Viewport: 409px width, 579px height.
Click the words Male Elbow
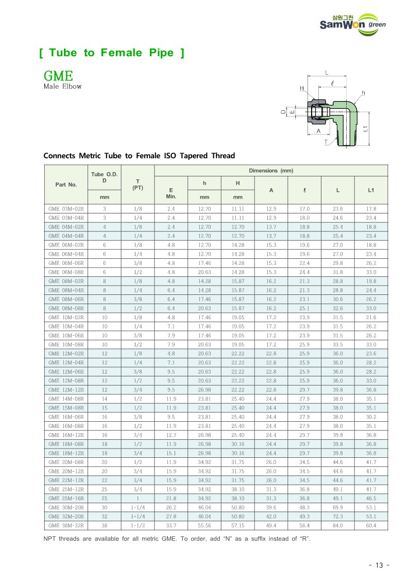[x=62, y=87]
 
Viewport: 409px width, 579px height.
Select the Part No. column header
[x=66, y=184]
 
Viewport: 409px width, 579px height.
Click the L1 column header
[x=371, y=190]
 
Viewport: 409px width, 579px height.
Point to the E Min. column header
[x=171, y=193]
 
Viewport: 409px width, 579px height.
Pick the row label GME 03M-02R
[x=66, y=209]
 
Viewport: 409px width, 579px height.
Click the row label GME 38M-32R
[x=66, y=525]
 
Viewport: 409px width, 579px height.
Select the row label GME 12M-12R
[x=66, y=390]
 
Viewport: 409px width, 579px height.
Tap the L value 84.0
[x=337, y=525]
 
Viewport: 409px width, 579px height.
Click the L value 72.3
[x=337, y=517]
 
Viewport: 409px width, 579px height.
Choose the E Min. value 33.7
[x=171, y=525]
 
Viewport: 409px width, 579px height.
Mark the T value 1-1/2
[x=138, y=525]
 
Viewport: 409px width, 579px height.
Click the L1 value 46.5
[x=371, y=499]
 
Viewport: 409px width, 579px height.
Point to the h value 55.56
[x=204, y=525]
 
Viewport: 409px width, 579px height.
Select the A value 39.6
[x=271, y=507]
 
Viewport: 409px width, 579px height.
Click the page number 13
[x=379, y=565]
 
